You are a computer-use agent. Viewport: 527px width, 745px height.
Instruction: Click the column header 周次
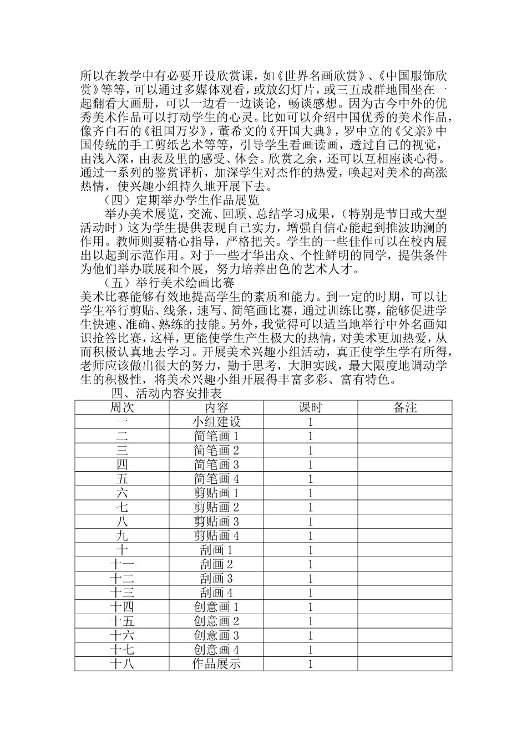[x=122, y=408]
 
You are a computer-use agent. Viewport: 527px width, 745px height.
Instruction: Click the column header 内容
[x=216, y=408]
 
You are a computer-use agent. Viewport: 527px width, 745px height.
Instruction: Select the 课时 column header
[x=311, y=408]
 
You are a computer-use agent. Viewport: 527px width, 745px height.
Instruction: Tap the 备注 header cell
[x=405, y=408]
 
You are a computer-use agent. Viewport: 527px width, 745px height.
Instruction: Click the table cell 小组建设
[x=216, y=422]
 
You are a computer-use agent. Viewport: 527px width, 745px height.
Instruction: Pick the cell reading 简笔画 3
[x=216, y=465]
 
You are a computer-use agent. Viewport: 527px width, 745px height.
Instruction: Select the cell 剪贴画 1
[x=216, y=493]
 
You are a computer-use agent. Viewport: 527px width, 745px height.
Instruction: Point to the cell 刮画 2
[x=216, y=565]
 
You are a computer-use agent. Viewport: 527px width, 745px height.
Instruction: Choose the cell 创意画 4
[x=216, y=650]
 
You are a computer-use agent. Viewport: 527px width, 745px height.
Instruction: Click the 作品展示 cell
[x=216, y=664]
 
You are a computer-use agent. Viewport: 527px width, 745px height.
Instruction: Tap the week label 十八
[x=122, y=664]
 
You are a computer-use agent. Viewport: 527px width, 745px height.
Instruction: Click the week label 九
[x=122, y=536]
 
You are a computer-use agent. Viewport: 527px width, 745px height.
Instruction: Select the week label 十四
[x=122, y=608]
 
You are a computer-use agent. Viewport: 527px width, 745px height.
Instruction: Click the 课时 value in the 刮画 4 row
[x=311, y=593]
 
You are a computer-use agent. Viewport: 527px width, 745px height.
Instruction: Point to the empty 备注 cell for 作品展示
[x=405, y=664]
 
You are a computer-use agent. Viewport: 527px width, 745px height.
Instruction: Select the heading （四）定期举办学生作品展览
[x=182, y=200]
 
